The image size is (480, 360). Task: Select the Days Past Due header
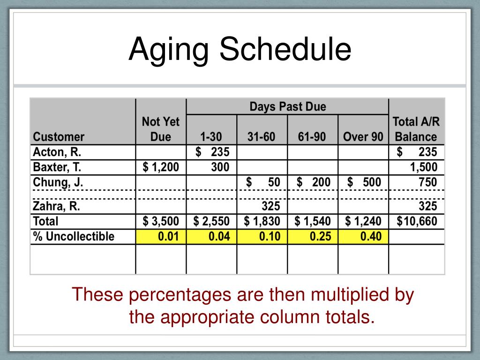(287, 106)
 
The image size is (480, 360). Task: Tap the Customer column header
(59, 137)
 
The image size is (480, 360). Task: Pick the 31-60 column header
(262, 137)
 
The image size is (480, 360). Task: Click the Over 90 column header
(363, 137)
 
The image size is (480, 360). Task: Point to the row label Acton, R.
(55, 152)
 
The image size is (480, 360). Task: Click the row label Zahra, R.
(56, 206)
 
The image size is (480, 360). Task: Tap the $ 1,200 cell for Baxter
(161, 167)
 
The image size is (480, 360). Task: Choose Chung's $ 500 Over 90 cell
(364, 182)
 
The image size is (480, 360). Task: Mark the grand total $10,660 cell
(417, 221)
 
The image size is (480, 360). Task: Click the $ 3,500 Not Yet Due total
(161, 221)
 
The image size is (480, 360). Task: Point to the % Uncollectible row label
(74, 237)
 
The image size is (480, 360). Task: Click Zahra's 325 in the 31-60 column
(270, 206)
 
